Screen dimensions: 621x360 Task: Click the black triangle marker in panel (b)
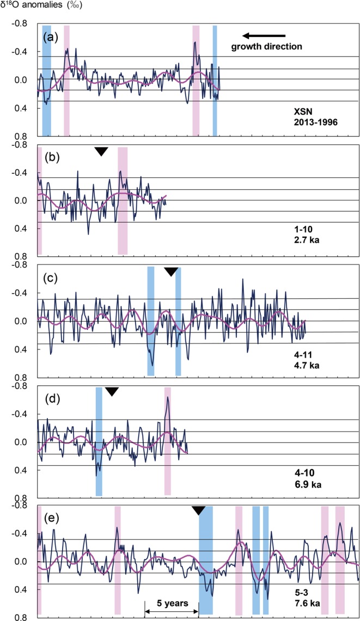101,151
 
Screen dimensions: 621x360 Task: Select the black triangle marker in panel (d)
112,391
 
